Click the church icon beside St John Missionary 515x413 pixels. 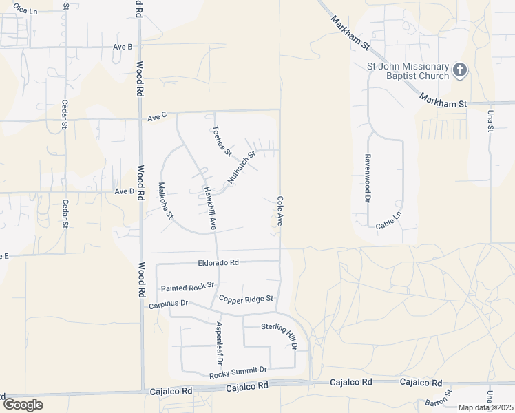tap(460, 70)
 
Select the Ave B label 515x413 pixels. tap(123, 47)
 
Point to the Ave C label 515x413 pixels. tap(157, 117)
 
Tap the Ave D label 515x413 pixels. tap(125, 191)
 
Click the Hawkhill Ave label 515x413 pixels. tap(209, 207)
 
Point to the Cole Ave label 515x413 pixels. tap(280, 211)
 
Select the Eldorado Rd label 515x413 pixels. tap(218, 262)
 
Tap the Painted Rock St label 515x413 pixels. tap(187, 286)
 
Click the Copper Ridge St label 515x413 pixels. tap(246, 299)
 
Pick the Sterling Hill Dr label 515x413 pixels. tap(279, 335)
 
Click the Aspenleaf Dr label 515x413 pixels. tap(219, 342)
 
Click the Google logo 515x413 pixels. tap(23, 404)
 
